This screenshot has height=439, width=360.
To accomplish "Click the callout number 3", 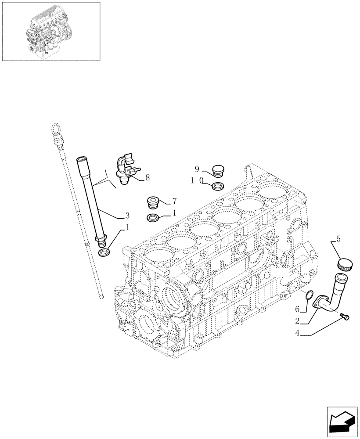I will (x=127, y=216).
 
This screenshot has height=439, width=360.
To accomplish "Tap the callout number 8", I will (x=148, y=178).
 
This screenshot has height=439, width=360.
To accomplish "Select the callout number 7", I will (x=174, y=201).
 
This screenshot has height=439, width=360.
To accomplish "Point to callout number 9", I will (x=197, y=169).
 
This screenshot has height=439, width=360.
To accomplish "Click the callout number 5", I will (x=338, y=240).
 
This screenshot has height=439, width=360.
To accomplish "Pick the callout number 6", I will (x=296, y=309).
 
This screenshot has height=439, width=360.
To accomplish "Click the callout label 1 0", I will (x=196, y=180).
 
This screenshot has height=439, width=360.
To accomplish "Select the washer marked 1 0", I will (x=216, y=187).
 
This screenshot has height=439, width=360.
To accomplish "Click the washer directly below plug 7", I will (x=153, y=217).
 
